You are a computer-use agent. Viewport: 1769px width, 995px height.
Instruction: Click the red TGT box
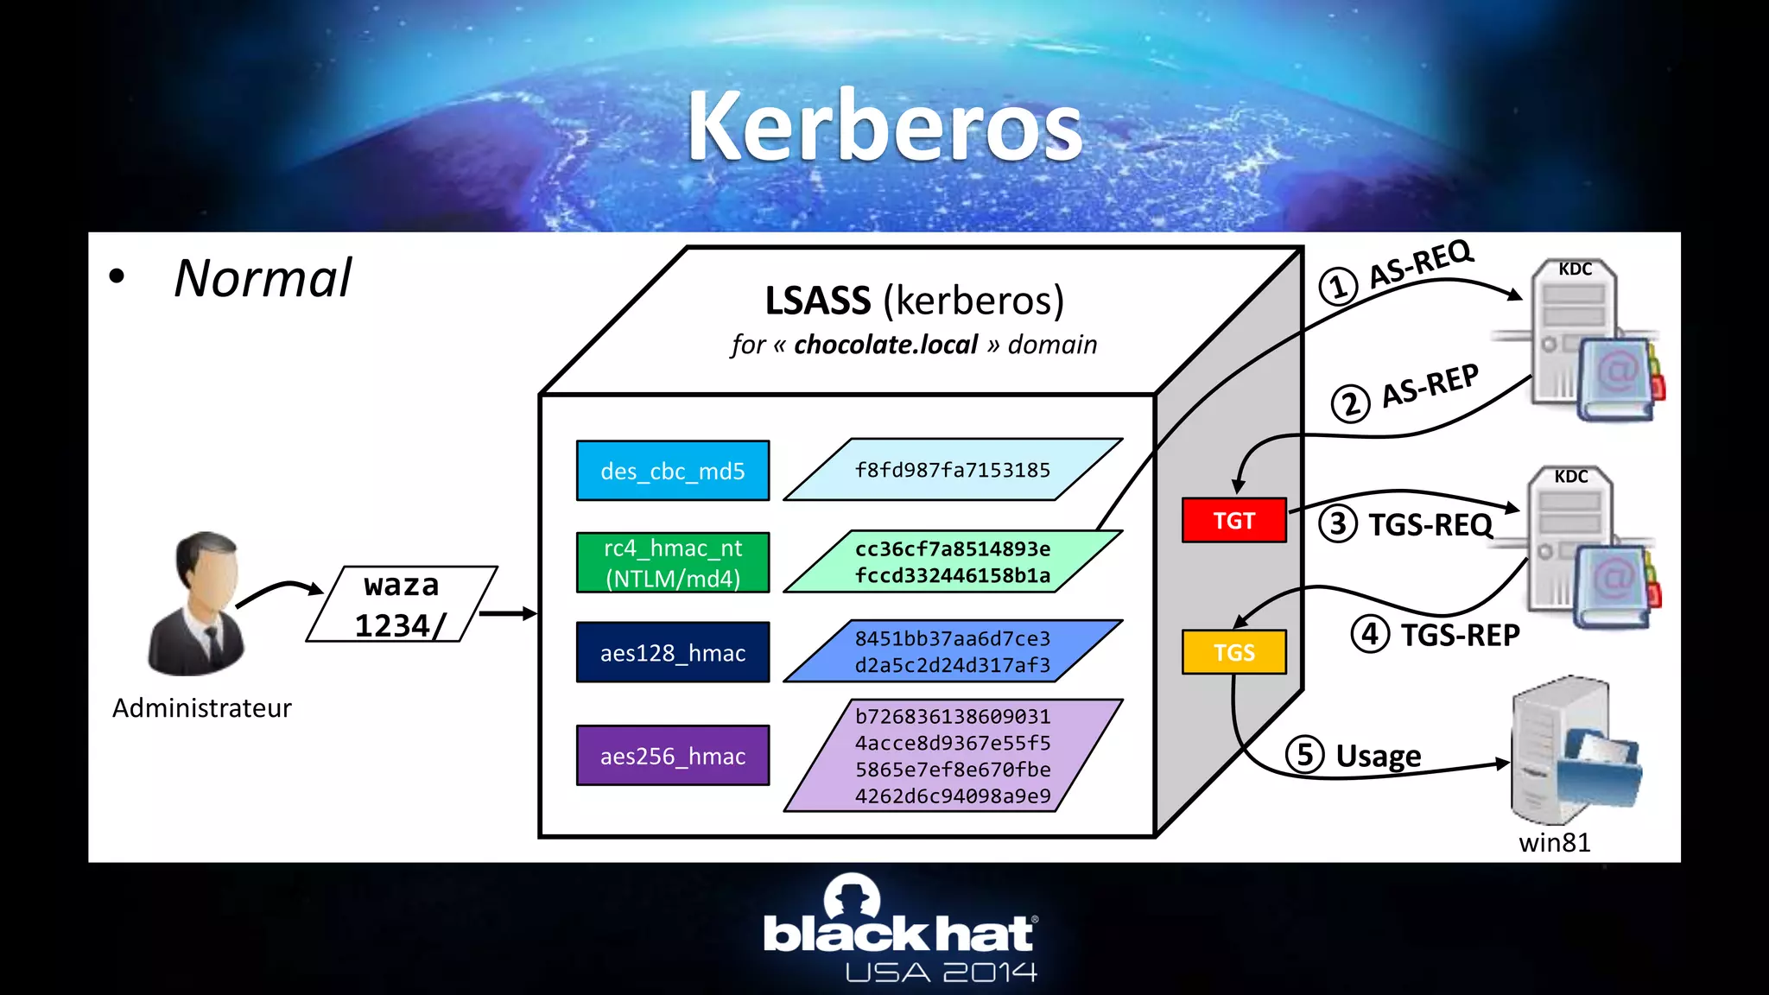(1233, 521)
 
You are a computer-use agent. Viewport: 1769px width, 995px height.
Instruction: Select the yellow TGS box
(1233, 652)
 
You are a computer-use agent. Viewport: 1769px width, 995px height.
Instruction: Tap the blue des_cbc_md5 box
(673, 471)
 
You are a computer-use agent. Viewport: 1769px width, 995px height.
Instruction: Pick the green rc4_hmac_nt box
(673, 562)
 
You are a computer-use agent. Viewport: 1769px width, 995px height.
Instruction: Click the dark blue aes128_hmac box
(673, 653)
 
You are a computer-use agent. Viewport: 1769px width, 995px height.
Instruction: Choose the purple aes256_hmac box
(673, 756)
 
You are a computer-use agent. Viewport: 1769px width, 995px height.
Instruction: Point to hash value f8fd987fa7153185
(952, 470)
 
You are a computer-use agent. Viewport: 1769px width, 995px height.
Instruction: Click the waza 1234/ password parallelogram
(402, 605)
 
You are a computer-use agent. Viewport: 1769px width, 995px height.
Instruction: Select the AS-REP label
(1430, 385)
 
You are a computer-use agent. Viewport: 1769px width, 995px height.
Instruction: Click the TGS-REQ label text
(1430, 524)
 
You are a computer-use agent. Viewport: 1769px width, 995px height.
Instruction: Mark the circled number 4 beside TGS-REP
(1370, 634)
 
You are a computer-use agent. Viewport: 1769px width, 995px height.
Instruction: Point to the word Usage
(1378, 756)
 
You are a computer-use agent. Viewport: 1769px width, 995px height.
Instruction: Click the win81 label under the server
(1554, 842)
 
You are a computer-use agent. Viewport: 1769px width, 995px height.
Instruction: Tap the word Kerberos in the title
(884, 127)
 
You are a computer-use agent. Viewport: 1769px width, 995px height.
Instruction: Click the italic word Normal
(263, 278)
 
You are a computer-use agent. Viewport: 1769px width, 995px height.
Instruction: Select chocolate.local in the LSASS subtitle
(885, 345)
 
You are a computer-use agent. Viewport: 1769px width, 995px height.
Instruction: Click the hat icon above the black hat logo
(853, 897)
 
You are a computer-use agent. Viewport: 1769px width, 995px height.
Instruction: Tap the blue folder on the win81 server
(1602, 769)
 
